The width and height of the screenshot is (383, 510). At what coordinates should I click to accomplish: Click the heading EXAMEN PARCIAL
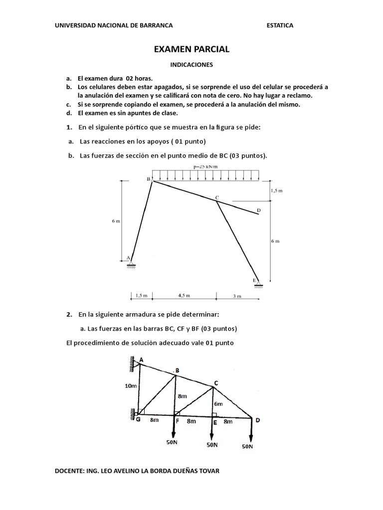191,49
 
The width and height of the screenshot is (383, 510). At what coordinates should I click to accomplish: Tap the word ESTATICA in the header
280,25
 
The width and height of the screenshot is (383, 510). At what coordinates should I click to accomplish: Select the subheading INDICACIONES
191,65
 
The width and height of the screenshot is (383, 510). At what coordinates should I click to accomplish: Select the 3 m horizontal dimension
237,296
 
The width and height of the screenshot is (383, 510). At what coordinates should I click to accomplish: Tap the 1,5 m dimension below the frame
141,295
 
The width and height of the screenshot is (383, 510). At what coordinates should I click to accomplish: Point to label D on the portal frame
258,211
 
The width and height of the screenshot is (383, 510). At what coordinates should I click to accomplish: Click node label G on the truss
138,419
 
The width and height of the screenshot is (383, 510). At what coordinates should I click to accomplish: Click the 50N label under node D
247,446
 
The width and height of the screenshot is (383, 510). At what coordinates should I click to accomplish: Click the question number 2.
69,315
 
